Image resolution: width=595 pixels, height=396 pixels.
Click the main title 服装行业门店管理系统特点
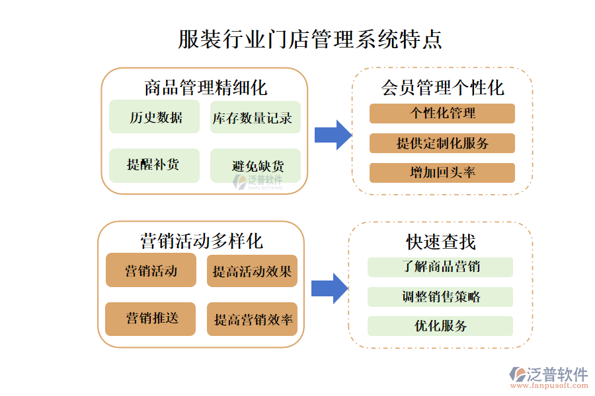click(x=310, y=39)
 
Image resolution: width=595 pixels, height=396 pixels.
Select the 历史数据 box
click(x=155, y=117)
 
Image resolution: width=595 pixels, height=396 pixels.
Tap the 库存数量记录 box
click(x=255, y=117)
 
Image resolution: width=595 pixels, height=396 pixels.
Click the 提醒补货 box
click(x=155, y=165)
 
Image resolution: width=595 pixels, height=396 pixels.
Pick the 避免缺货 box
click(x=255, y=165)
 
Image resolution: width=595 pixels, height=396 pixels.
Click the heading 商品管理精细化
click(x=205, y=87)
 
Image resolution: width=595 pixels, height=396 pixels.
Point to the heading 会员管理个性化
click(x=442, y=87)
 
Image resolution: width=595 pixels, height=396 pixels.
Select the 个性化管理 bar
click(x=442, y=114)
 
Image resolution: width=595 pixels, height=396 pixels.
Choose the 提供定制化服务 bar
click(x=442, y=143)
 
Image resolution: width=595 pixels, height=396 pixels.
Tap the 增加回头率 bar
click(x=442, y=173)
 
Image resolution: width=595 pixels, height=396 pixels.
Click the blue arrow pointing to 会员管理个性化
click(x=333, y=135)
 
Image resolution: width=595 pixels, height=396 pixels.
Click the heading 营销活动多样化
click(x=201, y=241)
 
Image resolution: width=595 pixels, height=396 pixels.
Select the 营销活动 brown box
click(x=151, y=271)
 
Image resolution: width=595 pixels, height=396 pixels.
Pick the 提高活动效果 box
click(x=252, y=271)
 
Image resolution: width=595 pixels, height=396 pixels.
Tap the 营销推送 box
click(x=151, y=319)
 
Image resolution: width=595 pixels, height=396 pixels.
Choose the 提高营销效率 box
click(x=252, y=319)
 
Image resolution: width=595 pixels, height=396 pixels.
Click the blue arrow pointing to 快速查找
click(x=329, y=288)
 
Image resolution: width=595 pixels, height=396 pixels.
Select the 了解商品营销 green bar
click(x=440, y=267)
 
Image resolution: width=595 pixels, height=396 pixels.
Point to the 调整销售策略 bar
click(x=440, y=296)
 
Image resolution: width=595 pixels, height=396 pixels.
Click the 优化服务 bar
click(x=440, y=326)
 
